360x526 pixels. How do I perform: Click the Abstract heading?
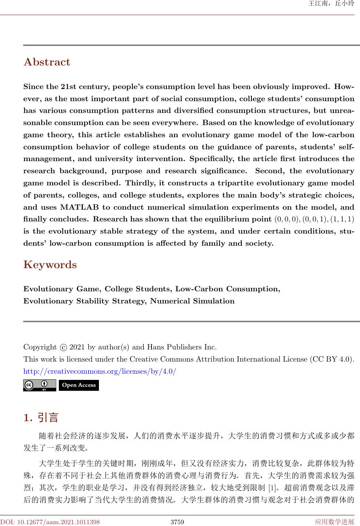[x=47, y=62]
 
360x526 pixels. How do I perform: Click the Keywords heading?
[x=50, y=265]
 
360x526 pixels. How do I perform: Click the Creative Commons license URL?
[x=100, y=371]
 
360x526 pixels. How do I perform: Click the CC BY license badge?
[x=40, y=385]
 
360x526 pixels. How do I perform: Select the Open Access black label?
[x=79, y=385]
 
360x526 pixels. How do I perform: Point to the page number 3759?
[x=178, y=522]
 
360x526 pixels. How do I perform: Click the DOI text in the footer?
[x=50, y=522]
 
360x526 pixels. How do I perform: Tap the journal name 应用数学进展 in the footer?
[x=334, y=522]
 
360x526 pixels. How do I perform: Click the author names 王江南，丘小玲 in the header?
[x=331, y=4]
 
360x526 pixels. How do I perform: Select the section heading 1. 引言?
[x=41, y=418]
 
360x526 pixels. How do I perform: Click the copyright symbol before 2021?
[x=63, y=347]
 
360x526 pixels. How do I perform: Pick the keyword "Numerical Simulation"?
[x=192, y=301]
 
